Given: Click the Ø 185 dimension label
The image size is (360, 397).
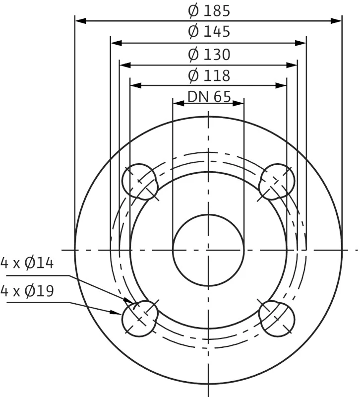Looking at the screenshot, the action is [x=209, y=11].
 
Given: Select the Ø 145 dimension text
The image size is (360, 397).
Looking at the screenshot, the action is [x=209, y=31].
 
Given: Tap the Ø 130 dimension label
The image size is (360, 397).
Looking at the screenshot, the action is [x=209, y=55].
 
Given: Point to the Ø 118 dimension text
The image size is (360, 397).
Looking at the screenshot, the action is [x=209, y=75].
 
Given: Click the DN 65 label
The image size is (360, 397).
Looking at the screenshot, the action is [x=209, y=96].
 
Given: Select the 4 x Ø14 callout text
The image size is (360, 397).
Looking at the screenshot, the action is [x=27, y=263].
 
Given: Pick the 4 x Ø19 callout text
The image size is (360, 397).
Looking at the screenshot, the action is [x=27, y=291].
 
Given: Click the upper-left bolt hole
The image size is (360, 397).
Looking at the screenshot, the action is [x=140, y=182].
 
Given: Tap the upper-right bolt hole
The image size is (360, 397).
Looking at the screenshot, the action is [x=277, y=182].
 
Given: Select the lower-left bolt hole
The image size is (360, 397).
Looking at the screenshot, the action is [x=140, y=319].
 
